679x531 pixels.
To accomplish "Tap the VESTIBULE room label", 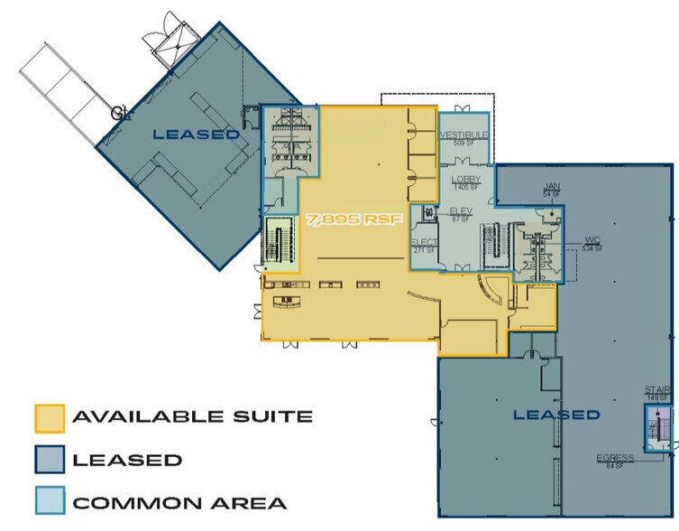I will tap(464, 135).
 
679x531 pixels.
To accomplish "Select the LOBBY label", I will tap(466, 180).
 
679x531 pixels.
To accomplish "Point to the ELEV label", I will tap(461, 210).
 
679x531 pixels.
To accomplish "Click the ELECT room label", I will tap(424, 243).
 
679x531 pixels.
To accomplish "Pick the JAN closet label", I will tap(552, 185).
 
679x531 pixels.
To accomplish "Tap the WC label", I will tap(592, 240).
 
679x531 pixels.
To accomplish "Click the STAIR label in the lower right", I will tap(656, 390).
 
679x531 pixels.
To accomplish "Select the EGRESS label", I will tap(615, 458).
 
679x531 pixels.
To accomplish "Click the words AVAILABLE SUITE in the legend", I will tap(192, 417).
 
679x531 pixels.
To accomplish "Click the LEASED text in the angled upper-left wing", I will tap(196, 135).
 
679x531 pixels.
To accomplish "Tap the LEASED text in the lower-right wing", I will tap(556, 415).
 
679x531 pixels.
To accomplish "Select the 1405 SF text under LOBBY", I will tap(466, 188).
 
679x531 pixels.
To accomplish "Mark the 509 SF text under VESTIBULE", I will tap(464, 143).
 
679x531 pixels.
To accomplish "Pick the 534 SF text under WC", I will tap(592, 248).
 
